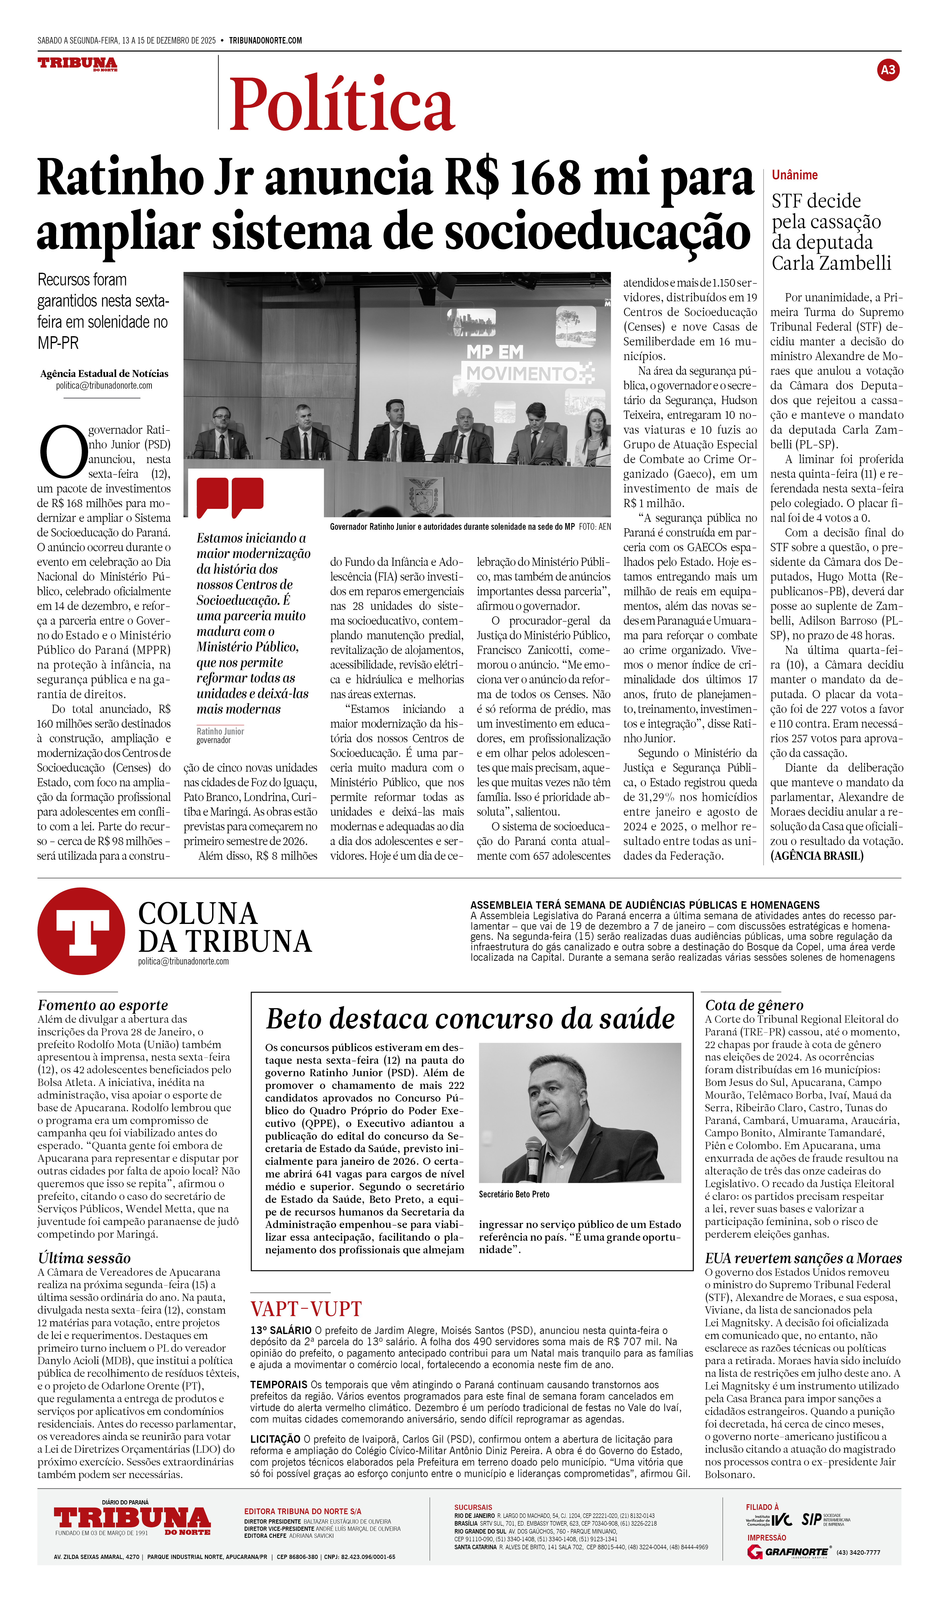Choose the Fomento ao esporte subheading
coord(102,1005)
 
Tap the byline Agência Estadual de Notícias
coord(104,374)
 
